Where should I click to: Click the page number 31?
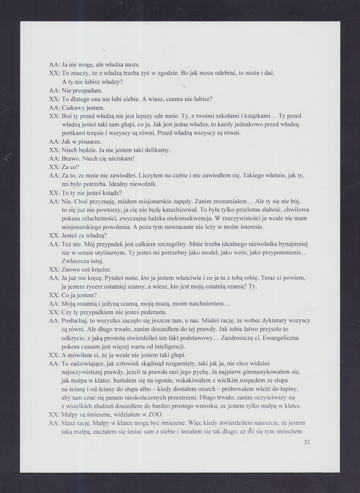click(x=306, y=443)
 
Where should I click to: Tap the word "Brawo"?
click(x=72, y=158)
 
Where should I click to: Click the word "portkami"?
click(x=74, y=133)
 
